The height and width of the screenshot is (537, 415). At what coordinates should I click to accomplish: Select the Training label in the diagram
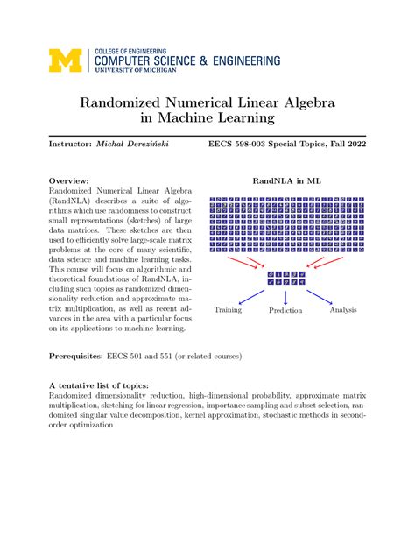[x=228, y=309]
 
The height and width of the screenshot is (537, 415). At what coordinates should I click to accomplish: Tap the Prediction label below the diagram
[x=285, y=309]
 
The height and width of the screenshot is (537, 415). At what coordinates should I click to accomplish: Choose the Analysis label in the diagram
[x=342, y=309]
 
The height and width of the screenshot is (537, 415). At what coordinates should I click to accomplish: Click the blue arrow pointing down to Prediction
[x=285, y=293]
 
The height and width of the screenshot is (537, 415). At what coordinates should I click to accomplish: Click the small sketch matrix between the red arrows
[x=285, y=277]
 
